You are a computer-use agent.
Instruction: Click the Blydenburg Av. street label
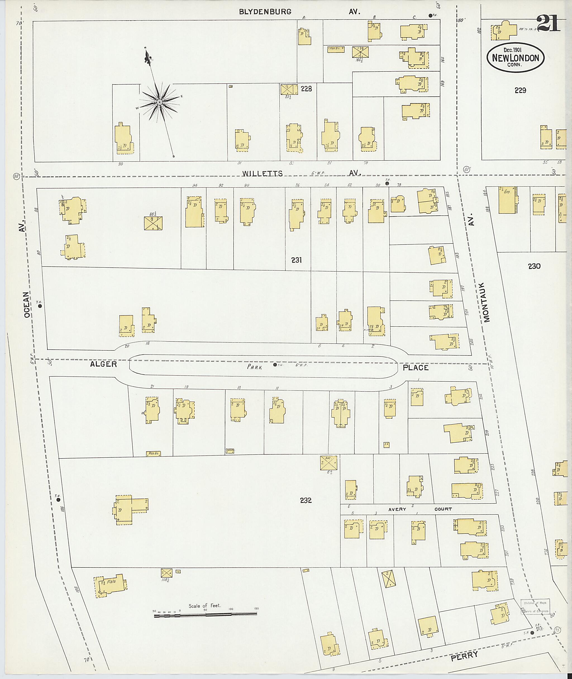(265, 12)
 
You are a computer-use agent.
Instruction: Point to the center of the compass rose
(159, 102)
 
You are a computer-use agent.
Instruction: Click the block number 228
(306, 89)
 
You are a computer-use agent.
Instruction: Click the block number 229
(520, 91)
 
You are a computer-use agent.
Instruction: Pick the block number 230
(534, 266)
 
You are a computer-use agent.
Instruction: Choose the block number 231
(296, 260)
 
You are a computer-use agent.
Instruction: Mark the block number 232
(306, 500)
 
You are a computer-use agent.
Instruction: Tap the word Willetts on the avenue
(262, 174)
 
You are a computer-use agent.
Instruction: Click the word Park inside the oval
(254, 366)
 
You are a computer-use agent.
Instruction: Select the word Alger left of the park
(103, 364)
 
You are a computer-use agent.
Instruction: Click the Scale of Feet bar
(206, 614)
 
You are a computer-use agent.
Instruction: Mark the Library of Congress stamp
(535, 607)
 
